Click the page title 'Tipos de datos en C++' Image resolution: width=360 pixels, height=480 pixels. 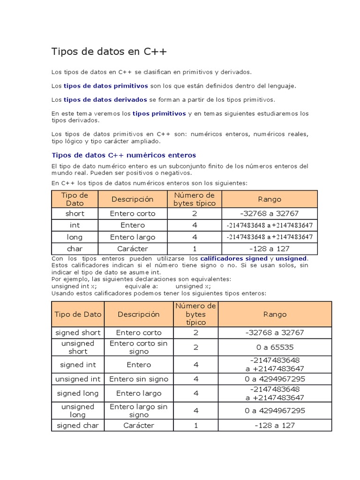coord(109,52)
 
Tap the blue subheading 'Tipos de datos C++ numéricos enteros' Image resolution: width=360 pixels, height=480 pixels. coord(123,155)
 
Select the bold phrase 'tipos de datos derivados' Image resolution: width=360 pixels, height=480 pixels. coord(105,100)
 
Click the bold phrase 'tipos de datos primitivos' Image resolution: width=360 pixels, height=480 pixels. coord(105,86)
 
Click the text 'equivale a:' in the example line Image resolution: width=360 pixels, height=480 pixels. coord(142,286)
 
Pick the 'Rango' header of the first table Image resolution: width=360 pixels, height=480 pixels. coord(270,199)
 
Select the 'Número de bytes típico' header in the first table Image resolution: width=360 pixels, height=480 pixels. coord(195,199)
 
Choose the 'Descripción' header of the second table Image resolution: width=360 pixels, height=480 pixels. coord(139,315)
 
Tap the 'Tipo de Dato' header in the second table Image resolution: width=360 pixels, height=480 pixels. coord(78,315)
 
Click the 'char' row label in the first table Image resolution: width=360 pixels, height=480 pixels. coord(75,249)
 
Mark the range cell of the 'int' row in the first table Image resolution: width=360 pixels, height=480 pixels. coord(270,225)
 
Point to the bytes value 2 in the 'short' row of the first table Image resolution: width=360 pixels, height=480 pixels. coord(195,214)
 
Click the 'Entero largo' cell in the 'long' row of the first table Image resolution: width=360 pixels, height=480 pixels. coord(133,237)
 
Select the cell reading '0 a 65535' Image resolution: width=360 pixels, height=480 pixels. coord(275,347)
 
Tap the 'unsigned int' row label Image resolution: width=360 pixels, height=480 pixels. coord(78,379)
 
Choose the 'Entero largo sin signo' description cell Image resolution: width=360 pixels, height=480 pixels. coord(139,411)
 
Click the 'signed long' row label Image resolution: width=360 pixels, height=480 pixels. coord(78,393)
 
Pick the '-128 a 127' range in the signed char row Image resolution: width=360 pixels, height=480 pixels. coord(275,426)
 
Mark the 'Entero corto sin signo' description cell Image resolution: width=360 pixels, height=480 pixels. coord(139,347)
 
